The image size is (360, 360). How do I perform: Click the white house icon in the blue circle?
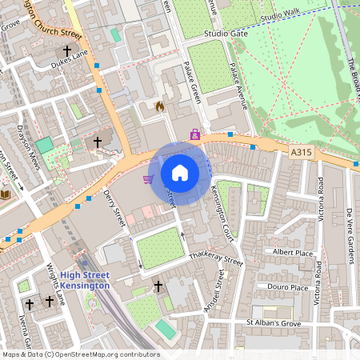click(x=180, y=172)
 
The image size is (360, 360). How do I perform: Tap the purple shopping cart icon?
click(x=148, y=179)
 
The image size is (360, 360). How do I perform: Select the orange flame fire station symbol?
click(x=158, y=106)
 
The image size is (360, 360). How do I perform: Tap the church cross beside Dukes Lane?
click(x=78, y=50)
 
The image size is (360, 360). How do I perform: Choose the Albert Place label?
click(x=293, y=252)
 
